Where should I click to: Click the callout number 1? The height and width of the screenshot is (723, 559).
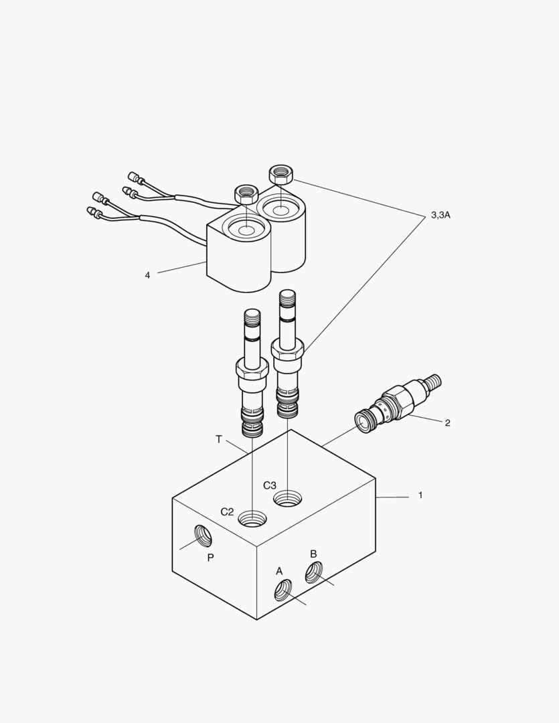[x=420, y=495]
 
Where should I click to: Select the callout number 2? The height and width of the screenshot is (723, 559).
[x=447, y=422]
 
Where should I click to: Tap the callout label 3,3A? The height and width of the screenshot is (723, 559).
[x=441, y=215]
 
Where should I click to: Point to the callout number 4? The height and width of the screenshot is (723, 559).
[x=147, y=274]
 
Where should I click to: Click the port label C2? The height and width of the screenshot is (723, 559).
[x=228, y=512]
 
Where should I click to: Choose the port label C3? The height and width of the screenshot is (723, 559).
[x=270, y=485]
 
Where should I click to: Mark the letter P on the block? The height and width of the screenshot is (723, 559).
[x=210, y=557]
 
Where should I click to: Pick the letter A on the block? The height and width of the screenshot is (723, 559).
[x=279, y=571]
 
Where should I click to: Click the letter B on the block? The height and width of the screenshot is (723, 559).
[x=313, y=554]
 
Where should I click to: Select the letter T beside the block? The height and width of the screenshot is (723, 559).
[x=218, y=439]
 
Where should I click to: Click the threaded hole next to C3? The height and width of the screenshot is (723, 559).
[x=288, y=497]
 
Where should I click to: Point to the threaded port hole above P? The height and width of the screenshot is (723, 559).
[x=203, y=536]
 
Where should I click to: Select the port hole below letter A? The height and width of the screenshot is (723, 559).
[x=283, y=590]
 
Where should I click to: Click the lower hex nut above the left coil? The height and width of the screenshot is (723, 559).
[x=246, y=194]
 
